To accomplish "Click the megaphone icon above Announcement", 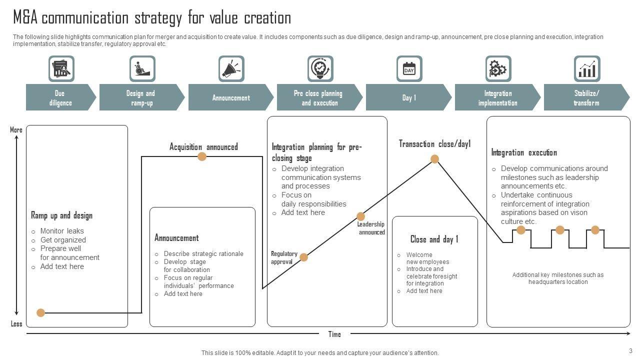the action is (x=231, y=69).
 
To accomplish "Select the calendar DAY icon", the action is (x=409, y=69).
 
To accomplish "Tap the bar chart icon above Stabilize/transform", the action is (x=587, y=69).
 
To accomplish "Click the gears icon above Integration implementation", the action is (x=498, y=69).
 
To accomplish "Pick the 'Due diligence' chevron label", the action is (x=60, y=98).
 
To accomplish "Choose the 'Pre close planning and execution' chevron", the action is (x=318, y=98).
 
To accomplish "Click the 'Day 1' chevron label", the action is (x=408, y=98).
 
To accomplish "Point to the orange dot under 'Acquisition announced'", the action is (x=202, y=156).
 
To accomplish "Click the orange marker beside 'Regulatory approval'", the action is (x=303, y=257).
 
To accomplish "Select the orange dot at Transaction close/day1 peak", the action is (x=435, y=159).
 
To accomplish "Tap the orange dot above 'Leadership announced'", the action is (x=361, y=216).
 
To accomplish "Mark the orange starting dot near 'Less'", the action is (x=41, y=313).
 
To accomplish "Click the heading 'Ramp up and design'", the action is (x=61, y=215).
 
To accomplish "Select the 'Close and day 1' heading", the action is (x=434, y=239).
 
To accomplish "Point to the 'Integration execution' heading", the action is (x=523, y=152).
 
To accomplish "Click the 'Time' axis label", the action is (x=334, y=334).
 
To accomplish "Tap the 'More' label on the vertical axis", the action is (x=16, y=130).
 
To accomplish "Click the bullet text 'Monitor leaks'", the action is (x=62, y=231).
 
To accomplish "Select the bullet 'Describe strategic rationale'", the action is (x=203, y=253).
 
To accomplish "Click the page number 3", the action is (x=630, y=350).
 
